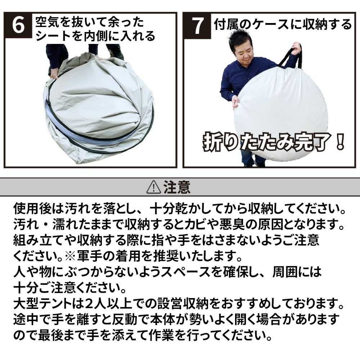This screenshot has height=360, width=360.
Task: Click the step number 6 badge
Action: (18, 25)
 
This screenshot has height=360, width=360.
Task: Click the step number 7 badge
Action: (197, 26)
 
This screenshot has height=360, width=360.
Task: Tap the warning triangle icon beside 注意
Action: (154, 187)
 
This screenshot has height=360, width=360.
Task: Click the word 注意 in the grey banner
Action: (177, 187)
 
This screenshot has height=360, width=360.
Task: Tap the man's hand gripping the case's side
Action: (235, 101)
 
